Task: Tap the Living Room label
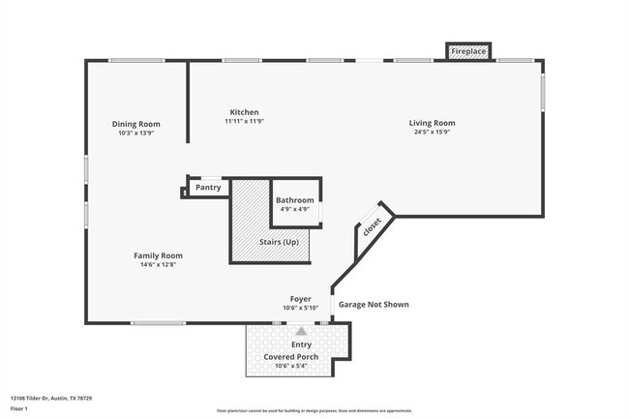pos(432,123)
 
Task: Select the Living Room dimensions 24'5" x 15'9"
pos(432,133)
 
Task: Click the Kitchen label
pos(244,112)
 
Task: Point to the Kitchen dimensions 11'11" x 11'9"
pos(244,121)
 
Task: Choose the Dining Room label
pos(135,124)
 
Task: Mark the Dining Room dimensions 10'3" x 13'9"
pos(135,133)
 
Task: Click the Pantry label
pos(208,187)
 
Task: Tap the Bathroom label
pos(294,200)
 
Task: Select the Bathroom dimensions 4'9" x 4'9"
pos(294,209)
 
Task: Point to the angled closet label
pos(372,227)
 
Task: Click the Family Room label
pos(158,255)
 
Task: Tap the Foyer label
pos(301,299)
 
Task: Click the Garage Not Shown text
pos(373,304)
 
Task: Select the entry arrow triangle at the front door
pos(300,331)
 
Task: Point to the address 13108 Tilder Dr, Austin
pos(49,397)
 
